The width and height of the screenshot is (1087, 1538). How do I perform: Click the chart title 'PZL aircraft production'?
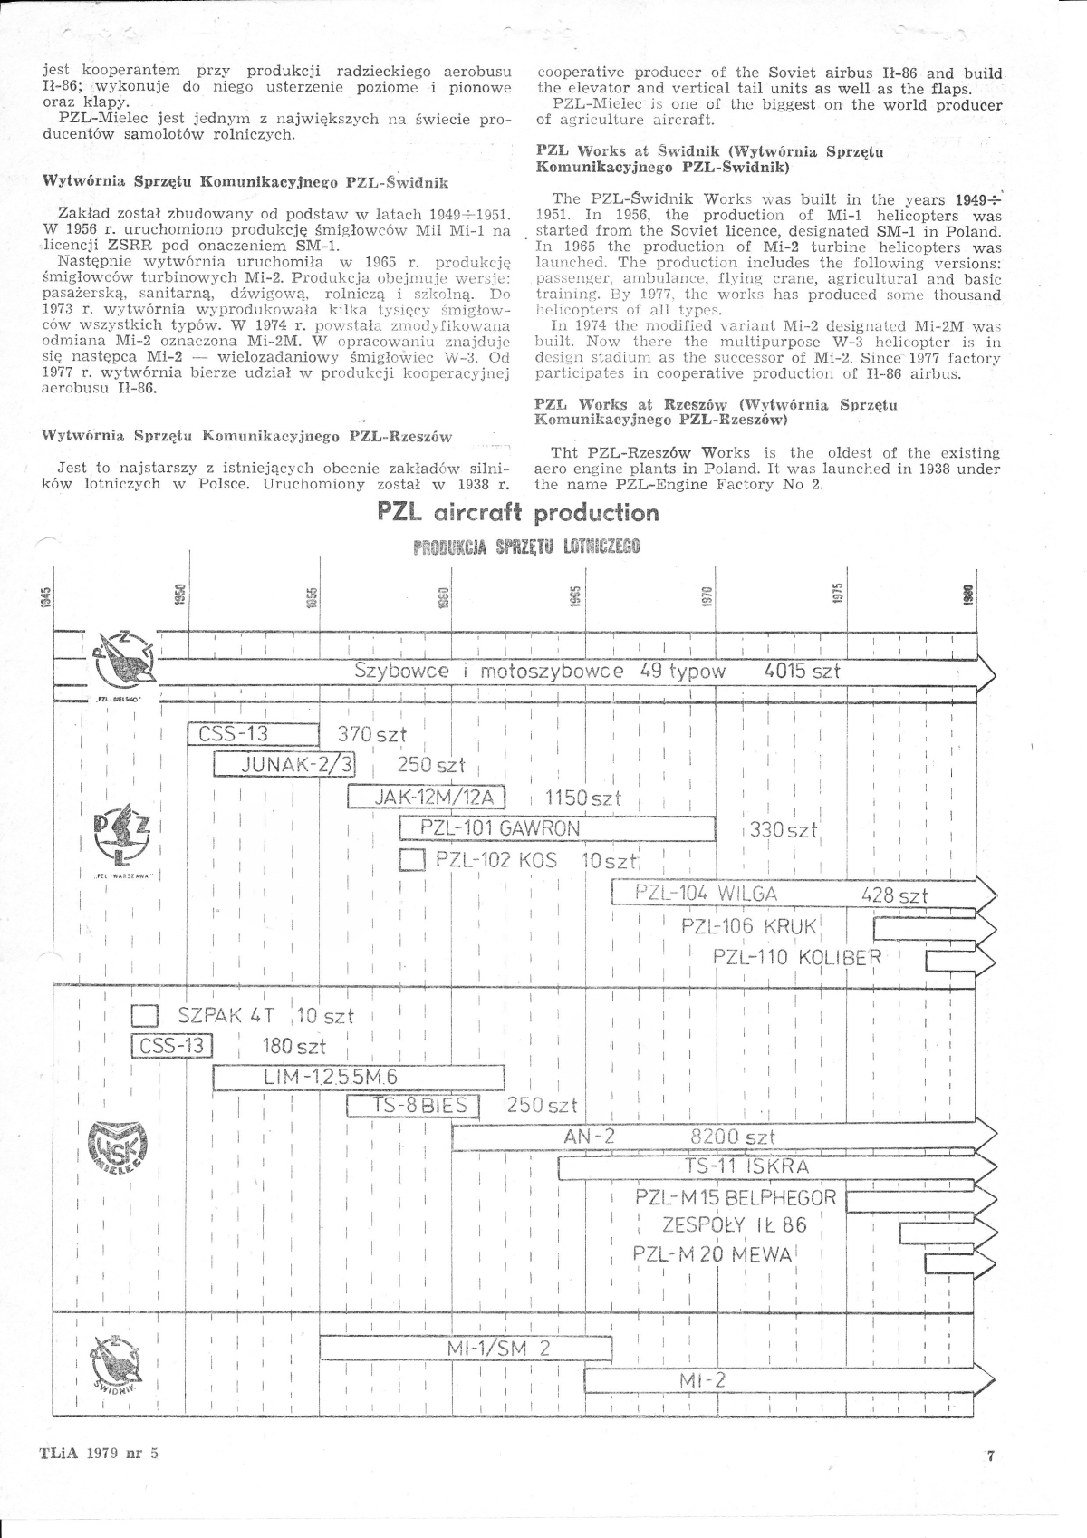[x=518, y=514]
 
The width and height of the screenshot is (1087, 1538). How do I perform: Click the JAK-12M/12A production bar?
[x=426, y=798]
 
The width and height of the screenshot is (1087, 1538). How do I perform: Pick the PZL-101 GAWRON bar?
[x=557, y=828]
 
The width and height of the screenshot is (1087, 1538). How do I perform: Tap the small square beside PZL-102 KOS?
[x=412, y=859]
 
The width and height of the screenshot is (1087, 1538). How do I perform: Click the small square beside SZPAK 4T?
[x=145, y=1015]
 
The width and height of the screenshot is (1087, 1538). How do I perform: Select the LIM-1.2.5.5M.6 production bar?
[x=358, y=1077]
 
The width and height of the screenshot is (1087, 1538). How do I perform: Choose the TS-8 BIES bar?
[x=412, y=1106]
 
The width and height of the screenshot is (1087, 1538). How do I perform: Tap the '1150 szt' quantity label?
[x=583, y=798]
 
